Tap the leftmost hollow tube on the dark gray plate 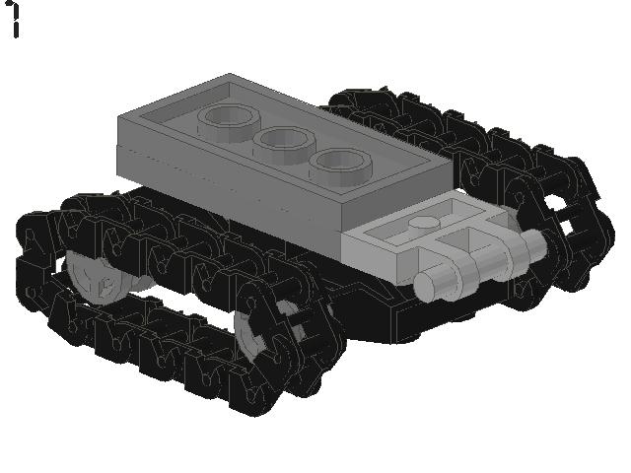pos(228,121)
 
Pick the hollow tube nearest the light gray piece pos(340,167)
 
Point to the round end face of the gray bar pos(428,286)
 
